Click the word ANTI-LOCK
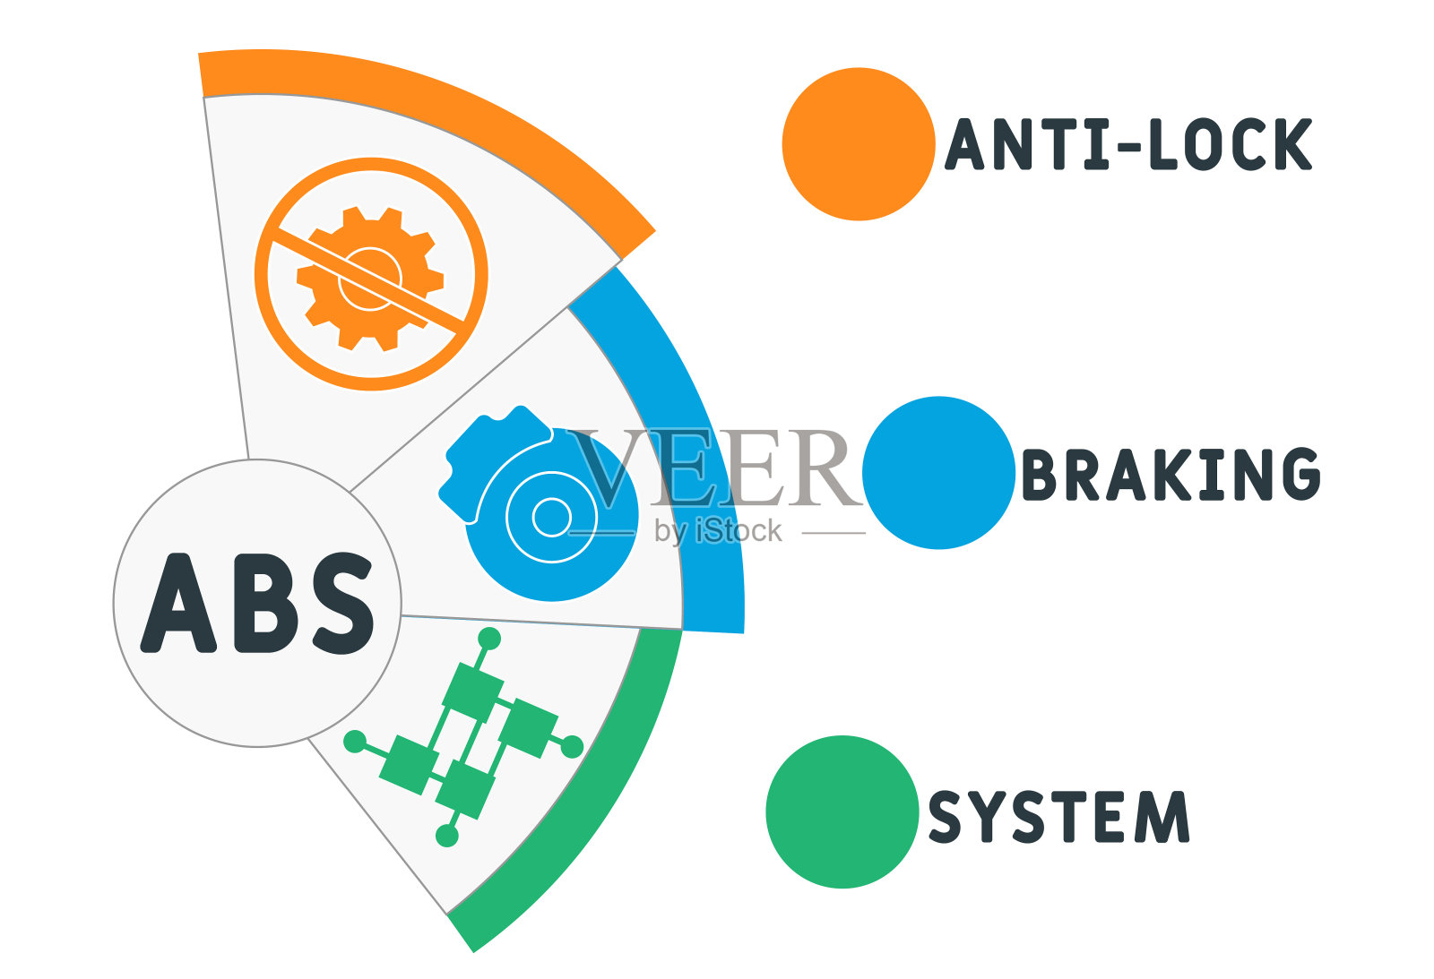tap(1128, 144)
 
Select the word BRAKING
tap(1171, 474)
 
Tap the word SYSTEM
tap(1058, 817)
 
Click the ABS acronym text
tap(257, 603)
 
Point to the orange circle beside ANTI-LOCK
tap(859, 144)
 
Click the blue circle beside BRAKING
tap(938, 473)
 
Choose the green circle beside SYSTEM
tap(842, 812)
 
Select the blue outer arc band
tap(691, 435)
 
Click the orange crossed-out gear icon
tap(371, 274)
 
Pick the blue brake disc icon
tap(539, 503)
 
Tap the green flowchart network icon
tap(463, 737)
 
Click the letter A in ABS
tap(178, 603)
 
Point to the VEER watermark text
tap(713, 467)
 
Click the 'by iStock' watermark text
tap(718, 531)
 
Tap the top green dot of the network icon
tap(489, 638)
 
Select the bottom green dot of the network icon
tap(447, 836)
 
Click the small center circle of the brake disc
tap(552, 517)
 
